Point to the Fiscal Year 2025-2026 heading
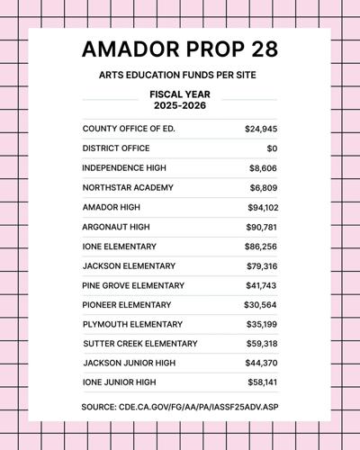point(179,101)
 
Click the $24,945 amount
point(261,129)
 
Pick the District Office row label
point(117,148)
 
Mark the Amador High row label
point(110,206)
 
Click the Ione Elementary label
point(119,246)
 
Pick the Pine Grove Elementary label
point(133,285)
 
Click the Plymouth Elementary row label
point(131,324)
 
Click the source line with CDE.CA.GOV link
point(179,408)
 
